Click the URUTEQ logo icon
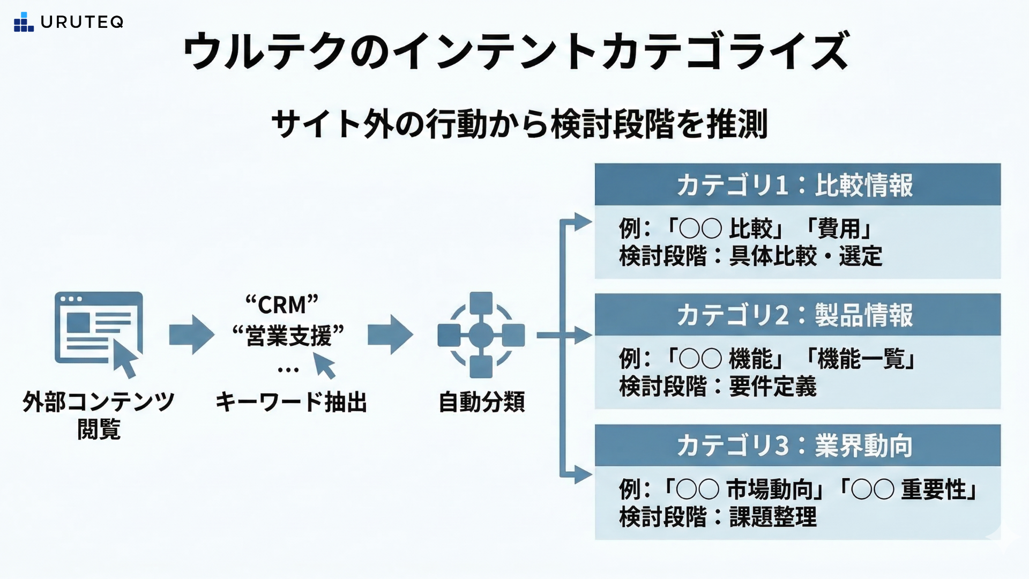pyautogui.click(x=24, y=22)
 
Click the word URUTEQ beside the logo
pyautogui.click(x=82, y=22)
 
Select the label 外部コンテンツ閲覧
pyautogui.click(x=99, y=415)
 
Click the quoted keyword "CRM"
pyautogui.click(x=282, y=305)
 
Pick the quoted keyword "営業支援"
pyautogui.click(x=288, y=336)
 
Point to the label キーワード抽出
pyautogui.click(x=291, y=402)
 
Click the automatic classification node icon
pyautogui.click(x=481, y=335)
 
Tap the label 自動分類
pyautogui.click(x=481, y=402)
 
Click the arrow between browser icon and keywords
pyautogui.click(x=191, y=335)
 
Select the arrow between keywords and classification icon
pyautogui.click(x=390, y=335)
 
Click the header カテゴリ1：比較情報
pyautogui.click(x=797, y=185)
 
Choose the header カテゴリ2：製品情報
pyautogui.click(x=797, y=315)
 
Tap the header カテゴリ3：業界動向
pyautogui.click(x=797, y=446)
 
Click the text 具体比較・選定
pyautogui.click(x=805, y=256)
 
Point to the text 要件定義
pyautogui.click(x=772, y=387)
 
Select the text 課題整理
pyautogui.click(x=772, y=517)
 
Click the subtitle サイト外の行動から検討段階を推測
pyautogui.click(x=519, y=124)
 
